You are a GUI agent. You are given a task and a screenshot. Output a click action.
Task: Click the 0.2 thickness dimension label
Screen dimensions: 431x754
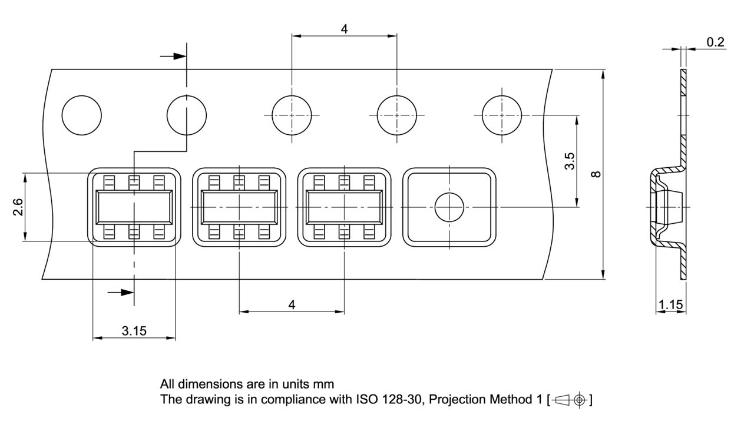pyautogui.click(x=716, y=42)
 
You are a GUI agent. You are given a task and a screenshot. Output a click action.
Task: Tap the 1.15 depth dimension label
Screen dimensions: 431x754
pyautogui.click(x=670, y=304)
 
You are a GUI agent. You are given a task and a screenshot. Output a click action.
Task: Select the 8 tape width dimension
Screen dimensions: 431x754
pyautogui.click(x=596, y=174)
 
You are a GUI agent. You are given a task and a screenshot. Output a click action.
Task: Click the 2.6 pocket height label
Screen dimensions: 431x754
pyautogui.click(x=18, y=207)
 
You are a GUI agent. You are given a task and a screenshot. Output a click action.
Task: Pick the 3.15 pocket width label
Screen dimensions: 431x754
pyautogui.click(x=134, y=330)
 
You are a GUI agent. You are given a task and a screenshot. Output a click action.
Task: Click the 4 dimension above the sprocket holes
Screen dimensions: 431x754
pyautogui.click(x=344, y=28)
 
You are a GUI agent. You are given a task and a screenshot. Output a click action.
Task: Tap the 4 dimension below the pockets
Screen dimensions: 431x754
pyautogui.click(x=292, y=304)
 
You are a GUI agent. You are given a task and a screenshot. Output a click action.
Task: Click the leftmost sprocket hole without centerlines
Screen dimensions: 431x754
pyautogui.click(x=82, y=114)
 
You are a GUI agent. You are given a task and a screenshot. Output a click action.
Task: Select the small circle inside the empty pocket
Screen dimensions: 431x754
pyautogui.click(x=449, y=207)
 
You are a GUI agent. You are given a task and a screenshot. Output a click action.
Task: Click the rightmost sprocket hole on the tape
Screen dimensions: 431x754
pyautogui.click(x=502, y=114)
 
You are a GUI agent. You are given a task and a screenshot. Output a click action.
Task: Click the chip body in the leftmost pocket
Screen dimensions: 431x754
pyautogui.click(x=134, y=207)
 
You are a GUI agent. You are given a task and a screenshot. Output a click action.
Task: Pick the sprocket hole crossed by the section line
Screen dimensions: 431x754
pyautogui.click(x=187, y=114)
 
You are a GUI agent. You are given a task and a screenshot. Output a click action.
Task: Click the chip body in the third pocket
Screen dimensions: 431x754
pyautogui.click(x=345, y=207)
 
